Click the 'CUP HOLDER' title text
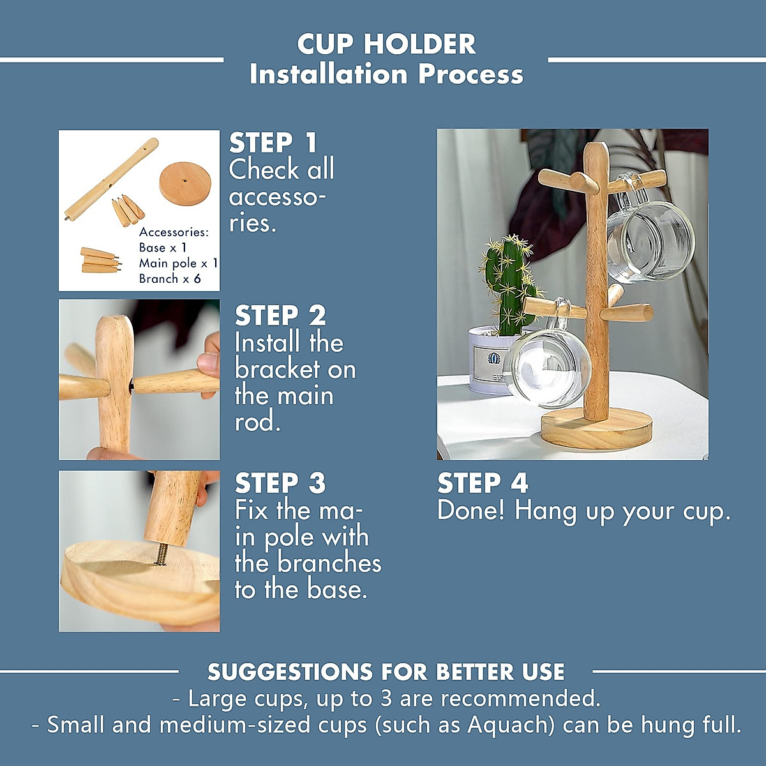386,44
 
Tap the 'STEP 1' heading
273,142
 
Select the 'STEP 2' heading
280,315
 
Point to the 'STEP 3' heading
280,483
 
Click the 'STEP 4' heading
483,483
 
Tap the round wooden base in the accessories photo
184,181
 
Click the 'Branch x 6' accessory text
170,279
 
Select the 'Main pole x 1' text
178,263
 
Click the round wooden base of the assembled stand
597,430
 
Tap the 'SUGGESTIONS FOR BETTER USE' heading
386,672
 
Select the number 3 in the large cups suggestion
386,698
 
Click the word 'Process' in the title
470,74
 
